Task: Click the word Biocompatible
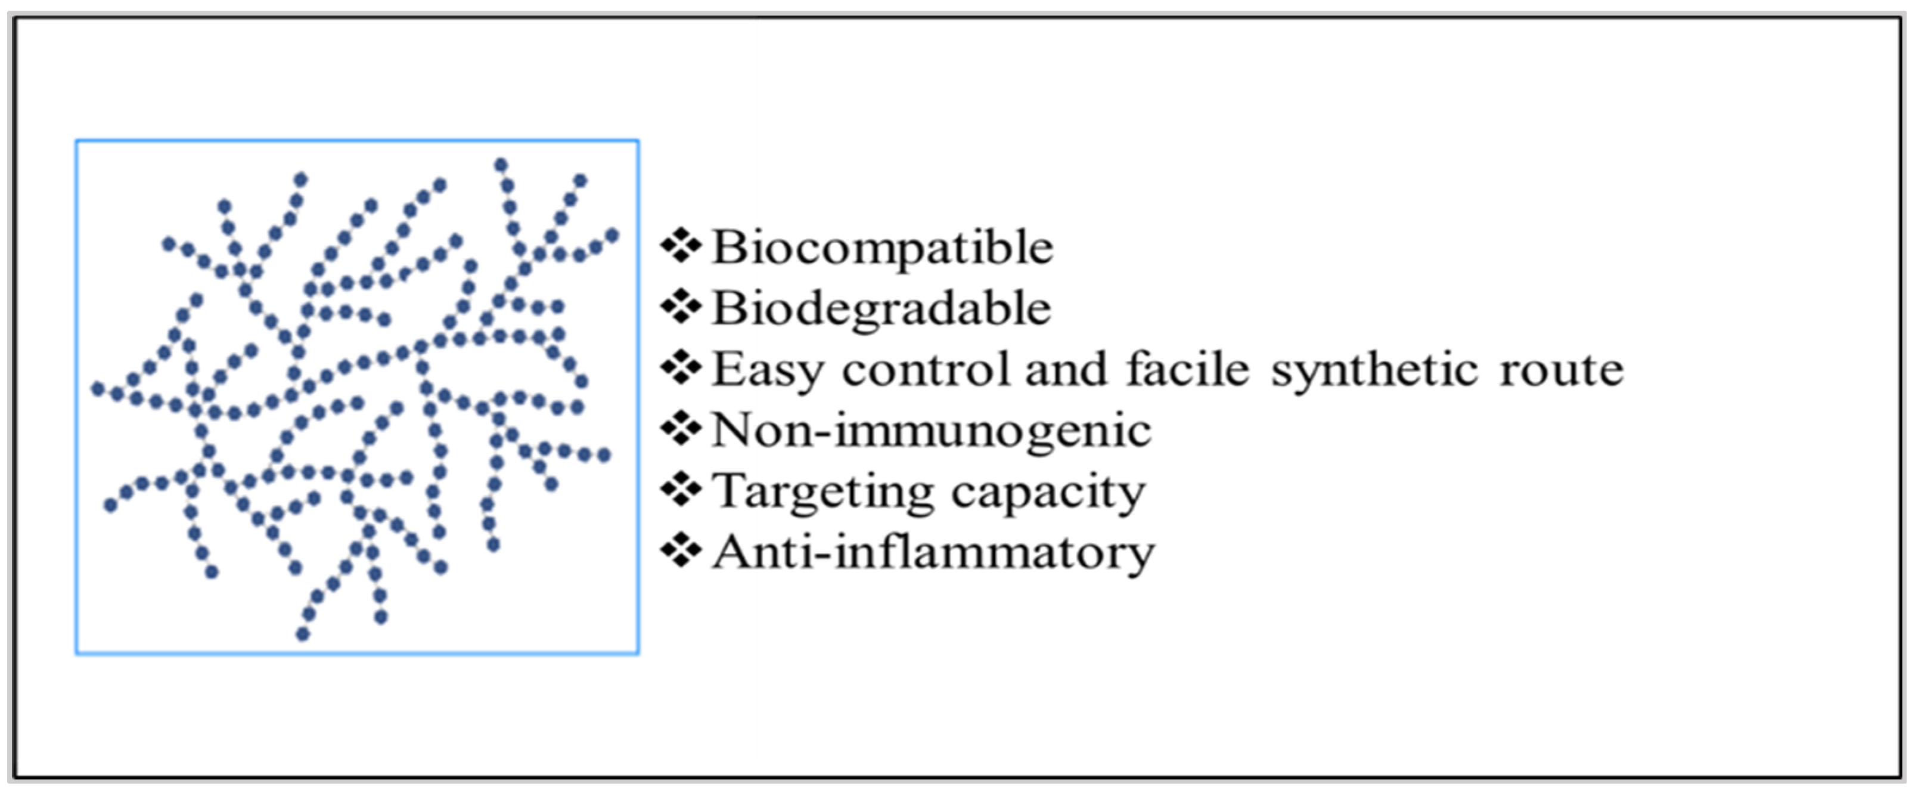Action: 883,247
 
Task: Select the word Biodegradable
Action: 882,308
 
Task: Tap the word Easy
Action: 768,370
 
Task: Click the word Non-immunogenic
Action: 932,431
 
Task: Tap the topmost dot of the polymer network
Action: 501,165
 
